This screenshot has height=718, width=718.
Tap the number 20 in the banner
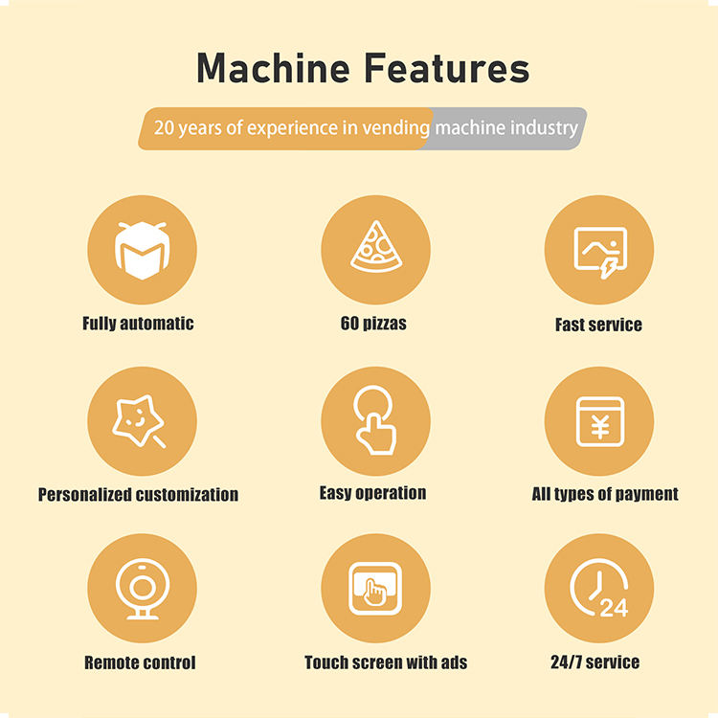(x=164, y=128)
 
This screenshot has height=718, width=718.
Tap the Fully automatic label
(x=138, y=324)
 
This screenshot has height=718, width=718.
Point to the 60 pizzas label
(x=373, y=324)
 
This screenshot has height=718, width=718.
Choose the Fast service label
(x=598, y=325)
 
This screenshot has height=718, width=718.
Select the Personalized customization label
(x=138, y=495)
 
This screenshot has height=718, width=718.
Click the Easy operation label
(x=372, y=493)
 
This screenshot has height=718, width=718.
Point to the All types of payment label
(x=605, y=494)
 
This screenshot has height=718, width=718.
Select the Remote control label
(x=140, y=662)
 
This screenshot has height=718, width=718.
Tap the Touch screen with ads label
(x=386, y=662)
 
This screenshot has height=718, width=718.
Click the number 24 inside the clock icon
(x=614, y=608)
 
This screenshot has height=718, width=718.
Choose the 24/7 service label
(x=595, y=662)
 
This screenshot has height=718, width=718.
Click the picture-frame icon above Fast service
(x=599, y=250)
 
